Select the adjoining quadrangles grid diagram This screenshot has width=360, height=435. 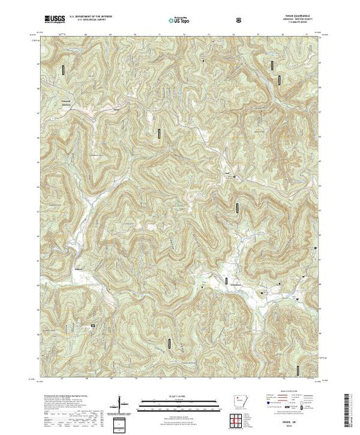click(x=238, y=420)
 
